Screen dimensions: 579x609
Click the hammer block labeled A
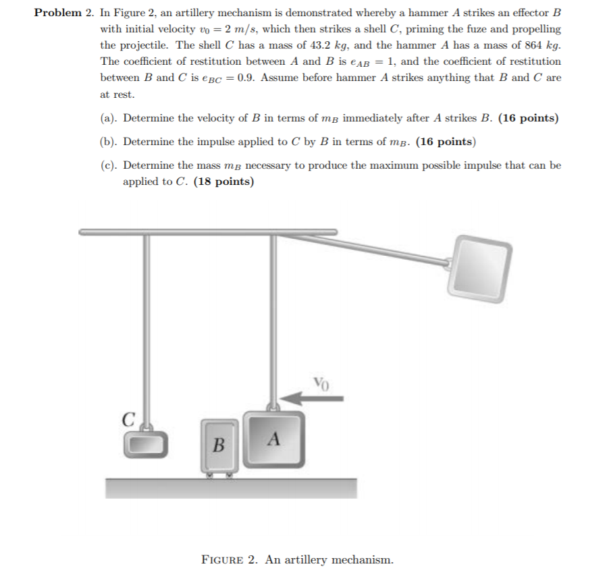[x=273, y=439]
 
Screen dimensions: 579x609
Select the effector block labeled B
[x=219, y=445]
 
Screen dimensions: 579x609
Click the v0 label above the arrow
[x=321, y=384]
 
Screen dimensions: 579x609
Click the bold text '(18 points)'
[x=223, y=182]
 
